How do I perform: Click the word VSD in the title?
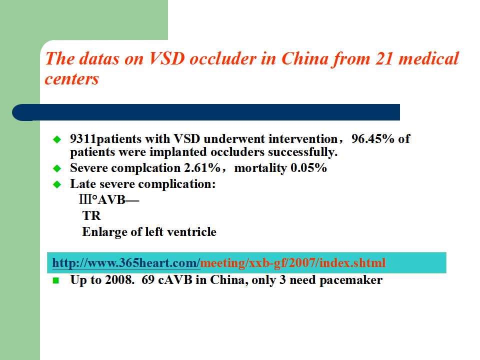point(167,58)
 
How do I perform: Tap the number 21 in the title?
point(384,58)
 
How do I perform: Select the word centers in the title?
point(72,79)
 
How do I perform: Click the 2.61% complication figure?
point(202,168)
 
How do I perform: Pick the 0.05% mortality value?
point(308,168)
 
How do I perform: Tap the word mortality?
point(260,168)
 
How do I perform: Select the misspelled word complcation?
point(146,168)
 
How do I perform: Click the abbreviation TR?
point(91,216)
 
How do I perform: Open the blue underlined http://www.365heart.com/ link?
point(126,262)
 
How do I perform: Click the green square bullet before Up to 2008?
point(55,280)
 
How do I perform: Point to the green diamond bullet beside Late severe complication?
point(57,184)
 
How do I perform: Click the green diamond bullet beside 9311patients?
point(57,139)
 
